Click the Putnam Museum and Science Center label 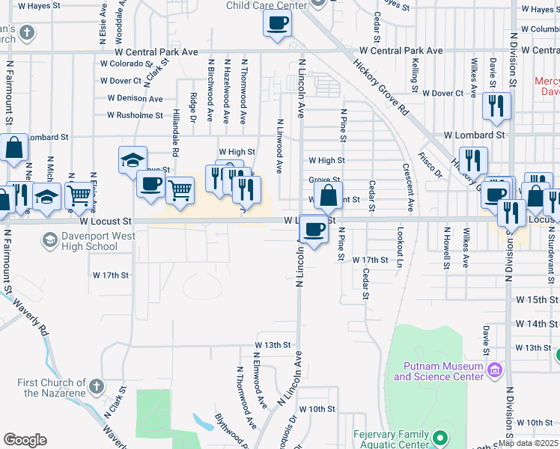(438, 371)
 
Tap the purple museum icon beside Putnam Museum (494, 369)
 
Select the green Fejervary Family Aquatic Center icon (439, 437)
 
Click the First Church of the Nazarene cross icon (95, 386)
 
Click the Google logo (25, 440)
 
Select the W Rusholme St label (135, 115)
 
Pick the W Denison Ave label (135, 98)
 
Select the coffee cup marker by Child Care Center (277, 23)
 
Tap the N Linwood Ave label (279, 146)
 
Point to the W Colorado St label (127, 64)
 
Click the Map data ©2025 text (528, 443)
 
